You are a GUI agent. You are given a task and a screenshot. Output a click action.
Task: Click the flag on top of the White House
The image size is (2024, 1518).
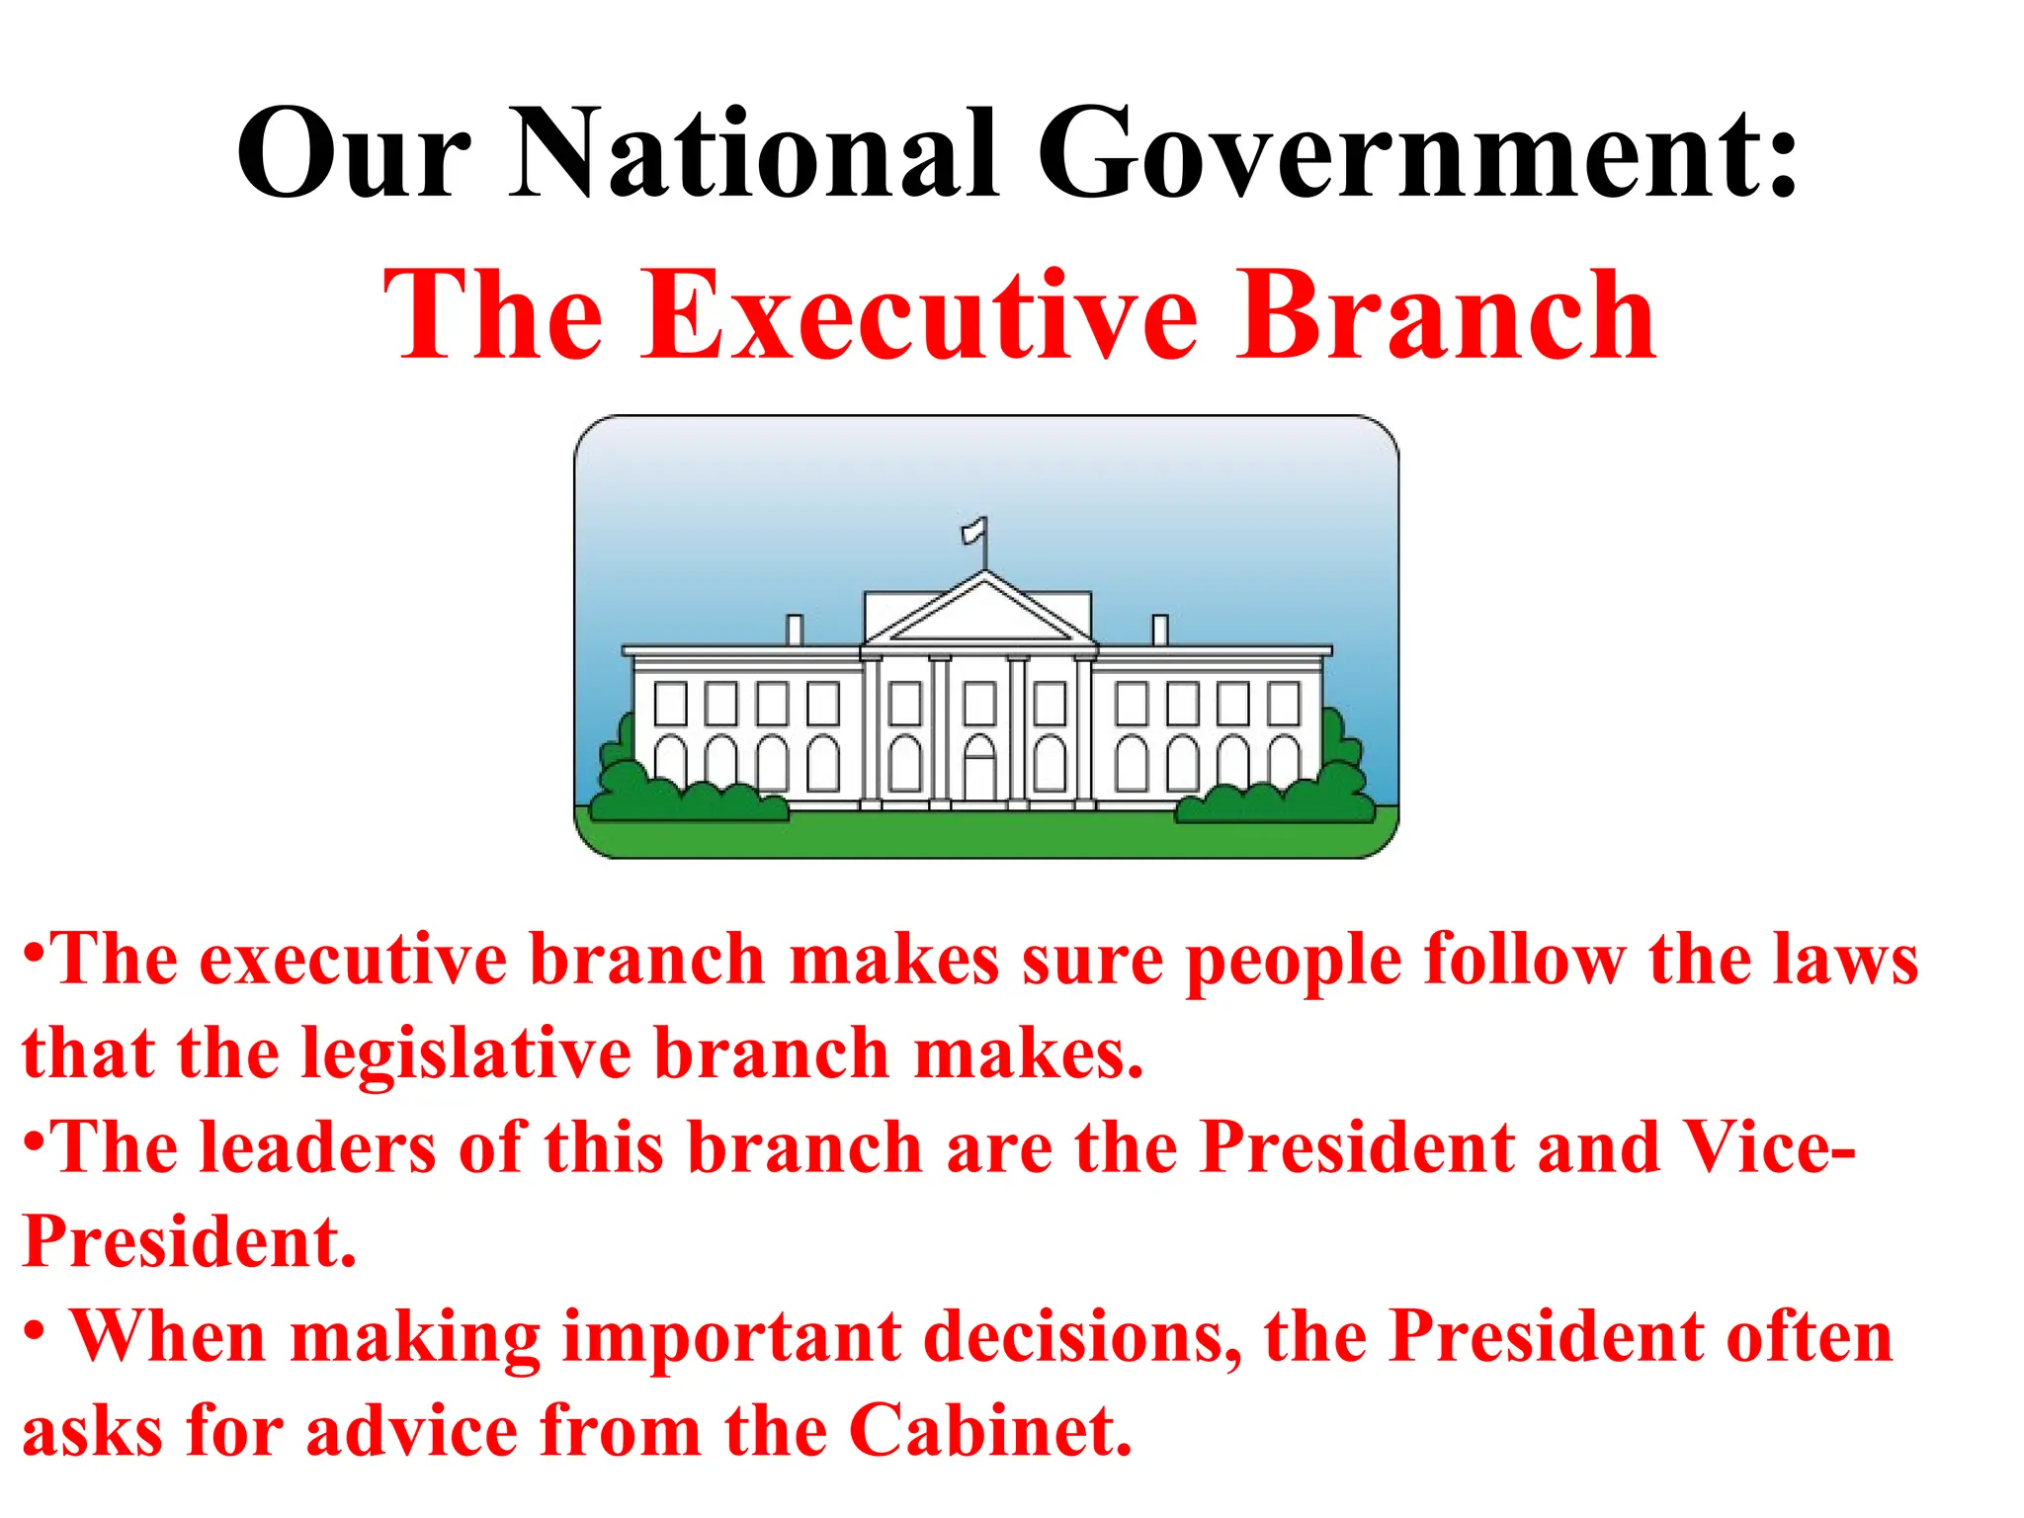[x=976, y=531]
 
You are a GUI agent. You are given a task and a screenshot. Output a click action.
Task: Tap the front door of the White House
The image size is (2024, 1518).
[x=980, y=771]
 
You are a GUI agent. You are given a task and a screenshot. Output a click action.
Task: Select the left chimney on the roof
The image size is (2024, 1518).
[x=794, y=630]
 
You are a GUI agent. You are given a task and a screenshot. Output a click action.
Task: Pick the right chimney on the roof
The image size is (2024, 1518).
[x=1160, y=630]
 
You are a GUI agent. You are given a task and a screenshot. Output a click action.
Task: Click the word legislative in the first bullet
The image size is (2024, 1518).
[x=466, y=1054]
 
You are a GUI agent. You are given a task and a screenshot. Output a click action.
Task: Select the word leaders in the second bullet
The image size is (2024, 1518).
[x=317, y=1147]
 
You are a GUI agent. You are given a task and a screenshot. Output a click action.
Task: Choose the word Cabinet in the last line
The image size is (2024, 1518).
[x=990, y=1430]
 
